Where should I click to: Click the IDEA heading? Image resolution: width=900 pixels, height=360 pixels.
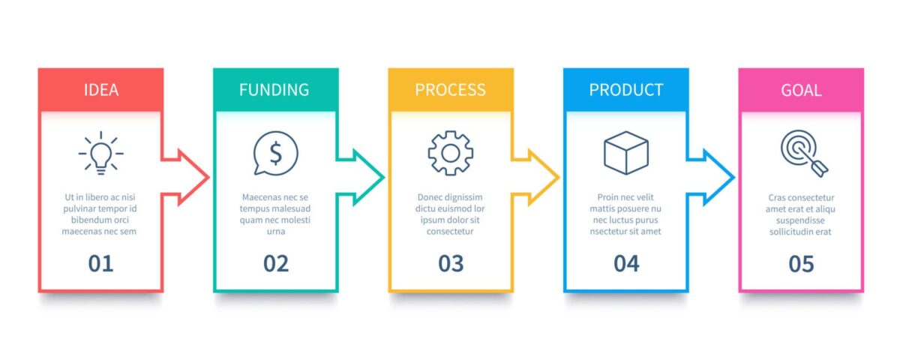pyautogui.click(x=100, y=90)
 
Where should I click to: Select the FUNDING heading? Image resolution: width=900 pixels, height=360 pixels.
pyautogui.click(x=274, y=90)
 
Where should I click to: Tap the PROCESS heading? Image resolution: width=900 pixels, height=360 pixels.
pyautogui.click(x=450, y=90)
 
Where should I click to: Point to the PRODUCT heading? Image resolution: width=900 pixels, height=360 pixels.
pyautogui.click(x=626, y=90)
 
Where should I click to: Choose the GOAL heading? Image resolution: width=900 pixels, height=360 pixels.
pyautogui.click(x=801, y=90)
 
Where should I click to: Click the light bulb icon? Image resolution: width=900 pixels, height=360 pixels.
pyautogui.click(x=100, y=153)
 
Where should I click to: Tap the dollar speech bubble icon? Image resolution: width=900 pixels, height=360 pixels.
pyautogui.click(x=275, y=153)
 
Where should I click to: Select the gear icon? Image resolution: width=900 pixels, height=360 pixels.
pyautogui.click(x=450, y=153)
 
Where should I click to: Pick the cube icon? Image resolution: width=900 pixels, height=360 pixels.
pyautogui.click(x=626, y=153)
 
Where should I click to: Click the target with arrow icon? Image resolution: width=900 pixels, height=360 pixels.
pyautogui.click(x=801, y=153)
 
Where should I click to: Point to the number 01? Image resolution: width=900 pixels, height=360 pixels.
pyautogui.click(x=100, y=263)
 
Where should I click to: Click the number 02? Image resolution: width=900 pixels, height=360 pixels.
pyautogui.click(x=275, y=263)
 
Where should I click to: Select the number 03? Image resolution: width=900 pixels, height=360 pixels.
pyautogui.click(x=451, y=263)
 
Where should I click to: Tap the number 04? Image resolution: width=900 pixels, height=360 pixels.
pyautogui.click(x=626, y=263)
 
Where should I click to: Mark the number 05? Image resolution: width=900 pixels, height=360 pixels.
pyautogui.click(x=801, y=263)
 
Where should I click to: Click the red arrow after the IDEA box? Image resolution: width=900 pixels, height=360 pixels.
pyautogui.click(x=187, y=178)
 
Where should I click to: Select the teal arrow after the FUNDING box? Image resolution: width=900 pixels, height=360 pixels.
pyautogui.click(x=363, y=178)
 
